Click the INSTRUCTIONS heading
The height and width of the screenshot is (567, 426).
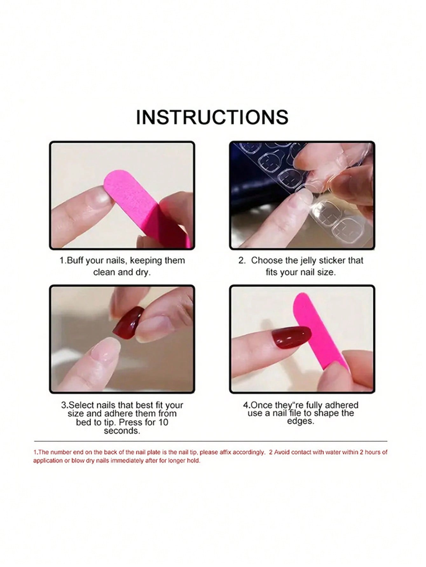click(x=212, y=117)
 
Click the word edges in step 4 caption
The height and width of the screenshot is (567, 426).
click(x=300, y=421)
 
